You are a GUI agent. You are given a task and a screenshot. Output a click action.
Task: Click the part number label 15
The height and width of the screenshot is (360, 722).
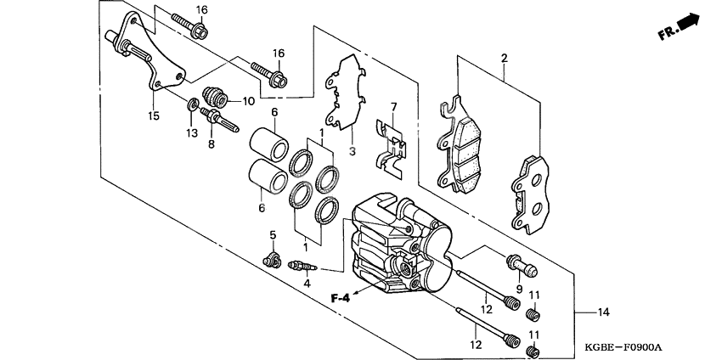(154, 115)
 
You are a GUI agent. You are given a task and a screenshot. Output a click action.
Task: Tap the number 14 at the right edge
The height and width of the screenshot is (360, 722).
(603, 313)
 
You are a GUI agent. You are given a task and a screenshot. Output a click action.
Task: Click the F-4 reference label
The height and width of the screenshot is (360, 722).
(341, 297)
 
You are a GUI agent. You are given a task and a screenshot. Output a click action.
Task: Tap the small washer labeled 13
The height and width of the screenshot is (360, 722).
(193, 105)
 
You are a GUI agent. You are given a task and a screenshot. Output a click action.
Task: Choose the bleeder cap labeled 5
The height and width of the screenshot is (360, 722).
(273, 258)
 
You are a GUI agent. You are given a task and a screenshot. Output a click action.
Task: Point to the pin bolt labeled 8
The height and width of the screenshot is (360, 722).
(217, 115)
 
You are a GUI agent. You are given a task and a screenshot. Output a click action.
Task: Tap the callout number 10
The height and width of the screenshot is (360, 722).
(248, 101)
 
